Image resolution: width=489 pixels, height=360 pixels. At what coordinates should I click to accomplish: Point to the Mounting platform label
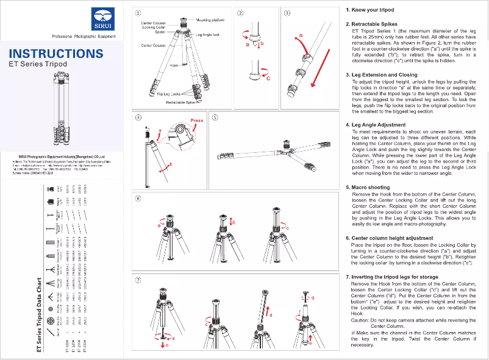click(x=210, y=20)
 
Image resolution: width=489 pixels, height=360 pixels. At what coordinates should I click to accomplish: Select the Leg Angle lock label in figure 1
click(x=207, y=35)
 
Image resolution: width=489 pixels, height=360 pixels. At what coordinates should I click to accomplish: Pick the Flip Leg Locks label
click(x=169, y=94)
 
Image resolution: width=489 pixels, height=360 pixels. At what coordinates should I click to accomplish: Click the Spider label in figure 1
click(x=160, y=32)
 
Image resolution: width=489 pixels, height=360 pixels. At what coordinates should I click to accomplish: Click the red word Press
click(x=197, y=121)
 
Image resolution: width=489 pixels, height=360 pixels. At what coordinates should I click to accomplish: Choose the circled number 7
click(x=139, y=280)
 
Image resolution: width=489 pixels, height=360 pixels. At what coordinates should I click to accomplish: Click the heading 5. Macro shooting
click(x=367, y=188)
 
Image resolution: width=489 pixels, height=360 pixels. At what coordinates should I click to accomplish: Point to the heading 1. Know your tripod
click(x=371, y=11)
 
